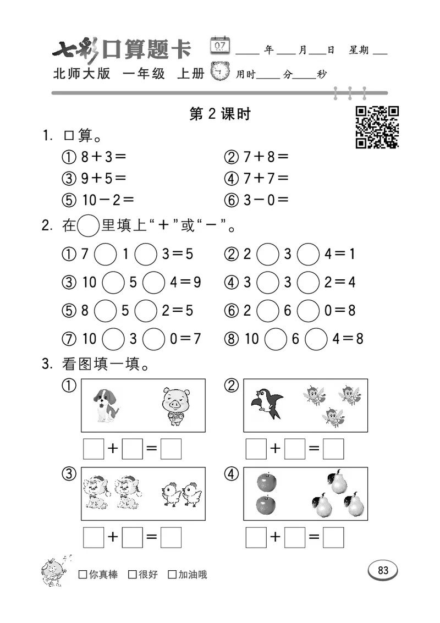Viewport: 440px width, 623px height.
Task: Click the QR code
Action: click(x=377, y=127)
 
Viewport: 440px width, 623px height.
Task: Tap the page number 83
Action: click(x=383, y=570)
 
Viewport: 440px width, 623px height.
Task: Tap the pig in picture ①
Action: click(x=173, y=406)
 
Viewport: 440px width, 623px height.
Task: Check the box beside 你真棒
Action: click(x=83, y=575)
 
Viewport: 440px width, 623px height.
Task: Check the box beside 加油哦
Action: click(x=172, y=575)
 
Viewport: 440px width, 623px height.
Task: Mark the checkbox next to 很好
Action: click(x=132, y=575)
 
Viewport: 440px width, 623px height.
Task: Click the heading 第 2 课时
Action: click(x=219, y=114)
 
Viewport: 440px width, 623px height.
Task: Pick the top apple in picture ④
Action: click(x=267, y=482)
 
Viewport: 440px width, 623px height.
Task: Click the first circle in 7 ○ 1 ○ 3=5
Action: click(x=106, y=255)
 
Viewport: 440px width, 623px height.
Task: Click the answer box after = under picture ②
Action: click(x=333, y=449)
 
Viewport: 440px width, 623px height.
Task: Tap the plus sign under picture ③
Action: click(x=113, y=537)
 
